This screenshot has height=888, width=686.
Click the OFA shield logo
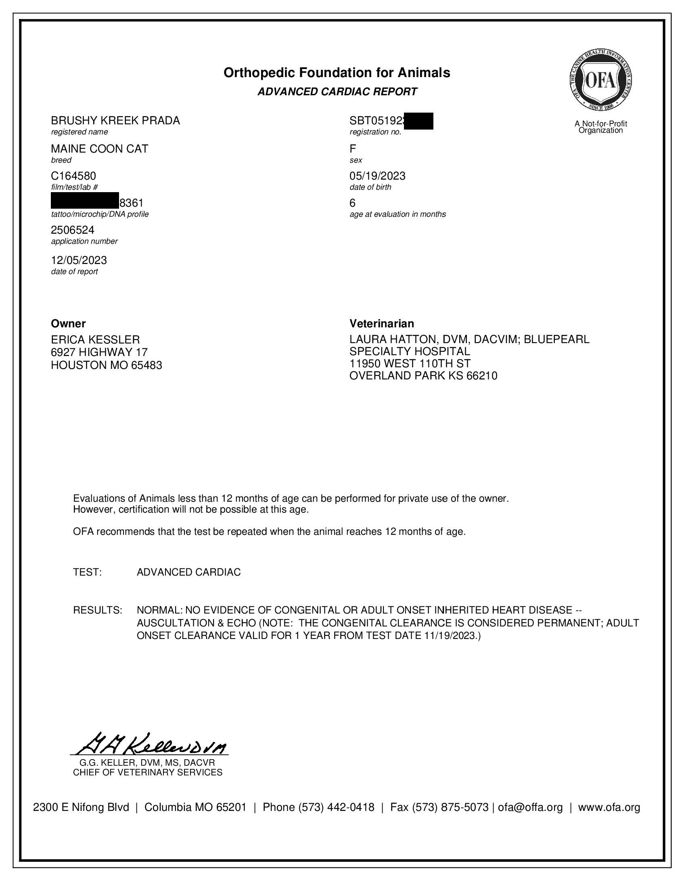(600, 80)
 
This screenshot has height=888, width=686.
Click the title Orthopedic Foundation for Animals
(337, 73)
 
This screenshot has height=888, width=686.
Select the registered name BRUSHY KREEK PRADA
(115, 121)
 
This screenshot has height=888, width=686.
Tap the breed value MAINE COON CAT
(99, 149)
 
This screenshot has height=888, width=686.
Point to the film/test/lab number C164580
(73, 176)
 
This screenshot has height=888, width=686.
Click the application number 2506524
(72, 230)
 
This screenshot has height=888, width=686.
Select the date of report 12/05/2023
(79, 260)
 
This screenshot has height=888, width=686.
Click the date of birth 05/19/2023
(377, 176)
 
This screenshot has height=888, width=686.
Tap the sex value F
(352, 149)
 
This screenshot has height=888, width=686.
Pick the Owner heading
(68, 324)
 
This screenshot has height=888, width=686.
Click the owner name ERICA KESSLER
(95, 339)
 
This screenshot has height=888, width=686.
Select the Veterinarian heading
(382, 324)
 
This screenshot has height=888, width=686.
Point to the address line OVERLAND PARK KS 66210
(423, 376)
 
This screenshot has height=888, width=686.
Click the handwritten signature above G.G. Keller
(153, 743)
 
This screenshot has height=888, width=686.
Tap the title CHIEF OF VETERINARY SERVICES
(148, 773)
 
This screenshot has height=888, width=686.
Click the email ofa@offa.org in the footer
(530, 808)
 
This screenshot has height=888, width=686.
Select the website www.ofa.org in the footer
(609, 808)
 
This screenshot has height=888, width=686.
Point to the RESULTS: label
(98, 610)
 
